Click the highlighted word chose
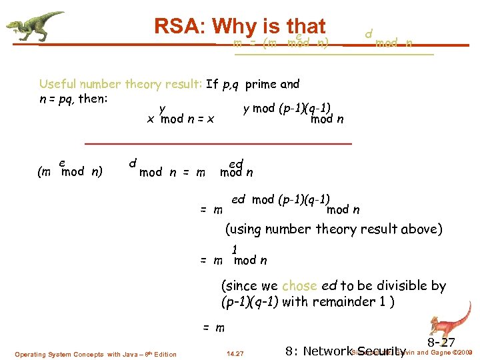(299, 286)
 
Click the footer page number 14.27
(235, 353)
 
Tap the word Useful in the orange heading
(59, 85)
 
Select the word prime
(262, 85)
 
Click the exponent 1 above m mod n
(235, 250)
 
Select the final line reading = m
(213, 328)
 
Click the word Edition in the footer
(165, 354)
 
